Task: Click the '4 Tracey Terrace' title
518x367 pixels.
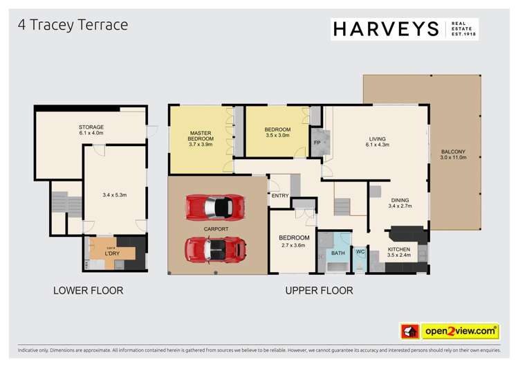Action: pos(73,25)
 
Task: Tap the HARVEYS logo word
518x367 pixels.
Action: pos(386,29)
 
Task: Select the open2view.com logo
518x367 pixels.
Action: pos(459,331)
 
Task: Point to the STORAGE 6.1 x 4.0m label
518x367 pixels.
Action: pos(91,131)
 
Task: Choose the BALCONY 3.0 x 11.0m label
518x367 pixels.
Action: pos(454,154)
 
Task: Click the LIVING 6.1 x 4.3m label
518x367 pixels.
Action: pos(377,142)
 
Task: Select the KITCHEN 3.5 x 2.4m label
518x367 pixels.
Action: pos(398,253)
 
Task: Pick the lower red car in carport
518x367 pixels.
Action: pos(215,248)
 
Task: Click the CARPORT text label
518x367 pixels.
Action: pos(216,228)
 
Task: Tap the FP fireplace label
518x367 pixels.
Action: pos(317,143)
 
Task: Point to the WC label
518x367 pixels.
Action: pos(360,252)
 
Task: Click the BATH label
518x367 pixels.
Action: pos(337,253)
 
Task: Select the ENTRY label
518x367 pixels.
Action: pos(280,196)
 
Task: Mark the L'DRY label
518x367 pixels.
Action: pos(102,253)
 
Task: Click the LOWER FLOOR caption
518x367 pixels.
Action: pos(88,291)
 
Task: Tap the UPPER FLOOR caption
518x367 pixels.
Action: pos(319,291)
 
